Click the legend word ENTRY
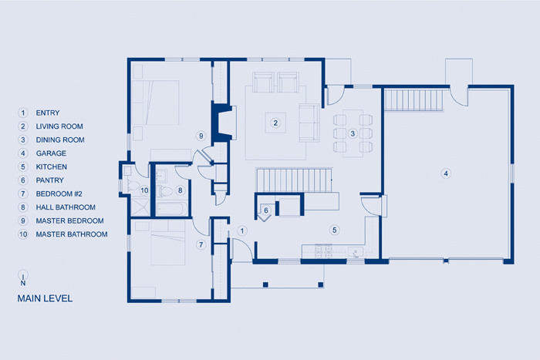pyautogui.click(x=48, y=113)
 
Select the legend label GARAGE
pyautogui.click(x=51, y=153)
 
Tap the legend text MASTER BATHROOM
pyautogui.click(x=72, y=234)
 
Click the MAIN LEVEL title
pyautogui.click(x=45, y=298)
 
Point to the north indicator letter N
pyautogui.click(x=23, y=283)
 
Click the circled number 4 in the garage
pyautogui.click(x=446, y=173)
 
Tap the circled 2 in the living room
pyautogui.click(x=275, y=123)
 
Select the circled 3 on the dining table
pyautogui.click(x=353, y=133)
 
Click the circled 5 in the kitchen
pyautogui.click(x=334, y=230)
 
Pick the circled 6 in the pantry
pyautogui.click(x=266, y=210)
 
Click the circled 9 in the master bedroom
pyautogui.click(x=201, y=136)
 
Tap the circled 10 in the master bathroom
pyautogui.click(x=144, y=190)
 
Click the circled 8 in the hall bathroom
pyautogui.click(x=180, y=190)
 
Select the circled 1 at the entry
pyautogui.click(x=242, y=230)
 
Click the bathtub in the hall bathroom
pyautogui.click(x=172, y=209)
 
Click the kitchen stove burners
pyautogui.click(x=324, y=251)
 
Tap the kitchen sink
pyautogui.click(x=356, y=252)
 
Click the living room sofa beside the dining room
pyautogui.click(x=309, y=123)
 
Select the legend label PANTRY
pyautogui.click(x=49, y=180)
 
